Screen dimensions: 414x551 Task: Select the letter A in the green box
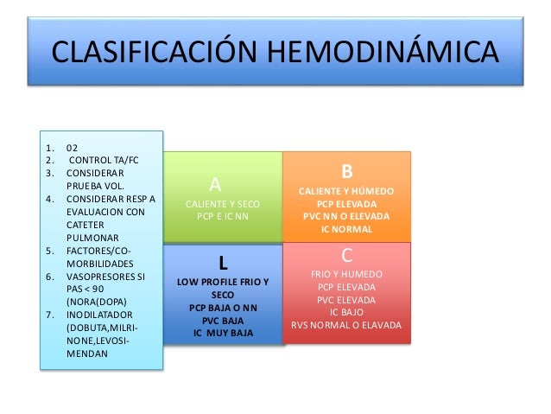216,184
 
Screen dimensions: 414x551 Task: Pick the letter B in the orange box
347,171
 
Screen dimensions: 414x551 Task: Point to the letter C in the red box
346,256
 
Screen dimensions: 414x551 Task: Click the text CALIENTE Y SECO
222,203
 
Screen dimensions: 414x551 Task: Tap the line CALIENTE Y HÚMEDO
346,190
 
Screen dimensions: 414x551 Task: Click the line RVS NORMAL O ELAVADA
346,325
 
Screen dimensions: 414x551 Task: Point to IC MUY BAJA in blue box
222,333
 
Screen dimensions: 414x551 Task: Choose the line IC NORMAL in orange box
346,229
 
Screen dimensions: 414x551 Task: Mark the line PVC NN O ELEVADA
346,216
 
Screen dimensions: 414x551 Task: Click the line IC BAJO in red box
346,312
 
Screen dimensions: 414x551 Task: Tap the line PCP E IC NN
222,216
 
